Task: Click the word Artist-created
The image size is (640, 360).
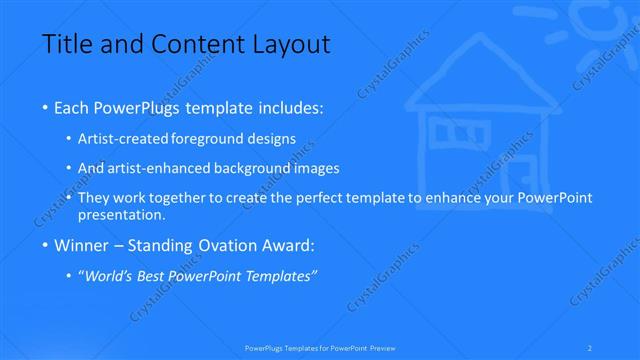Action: tap(122, 139)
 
